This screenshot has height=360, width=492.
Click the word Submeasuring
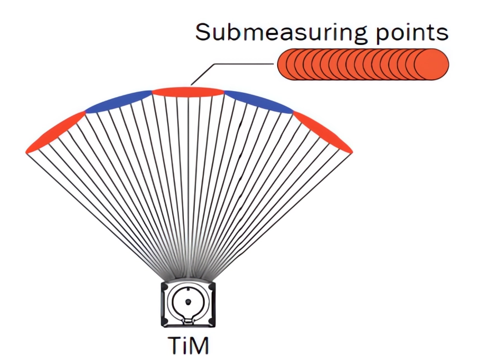281,32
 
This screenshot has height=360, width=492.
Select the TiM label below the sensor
188,346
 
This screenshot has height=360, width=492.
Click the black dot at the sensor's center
188,302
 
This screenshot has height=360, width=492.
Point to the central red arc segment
188,92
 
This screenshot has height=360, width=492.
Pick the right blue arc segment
259,101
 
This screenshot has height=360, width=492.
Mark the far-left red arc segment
55,132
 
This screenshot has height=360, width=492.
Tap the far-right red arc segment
323,132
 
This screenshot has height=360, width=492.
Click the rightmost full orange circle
432,64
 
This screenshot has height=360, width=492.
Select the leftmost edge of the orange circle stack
278,64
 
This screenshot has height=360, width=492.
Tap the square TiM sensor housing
188,304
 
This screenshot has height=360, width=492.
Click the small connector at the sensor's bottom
188,321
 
